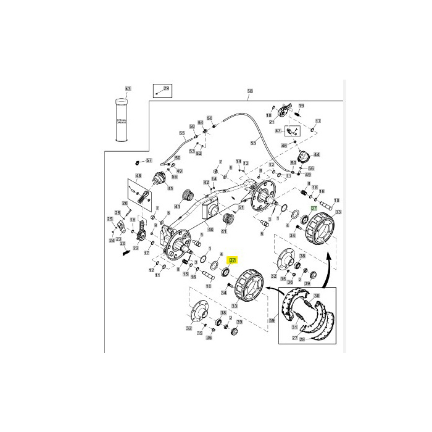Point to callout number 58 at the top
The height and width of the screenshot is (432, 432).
(250, 92)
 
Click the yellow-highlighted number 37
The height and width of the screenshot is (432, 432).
(233, 260)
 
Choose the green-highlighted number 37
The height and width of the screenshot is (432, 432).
(314, 209)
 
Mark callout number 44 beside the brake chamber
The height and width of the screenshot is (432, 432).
(317, 154)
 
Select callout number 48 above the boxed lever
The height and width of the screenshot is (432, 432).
(139, 176)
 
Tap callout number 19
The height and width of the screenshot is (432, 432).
(301, 107)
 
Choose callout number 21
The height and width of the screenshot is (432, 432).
(272, 123)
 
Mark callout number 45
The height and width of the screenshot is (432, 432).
(170, 189)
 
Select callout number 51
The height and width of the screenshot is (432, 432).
(241, 208)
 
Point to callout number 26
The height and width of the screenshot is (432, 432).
(125, 204)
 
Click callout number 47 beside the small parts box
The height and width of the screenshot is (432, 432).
(278, 131)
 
